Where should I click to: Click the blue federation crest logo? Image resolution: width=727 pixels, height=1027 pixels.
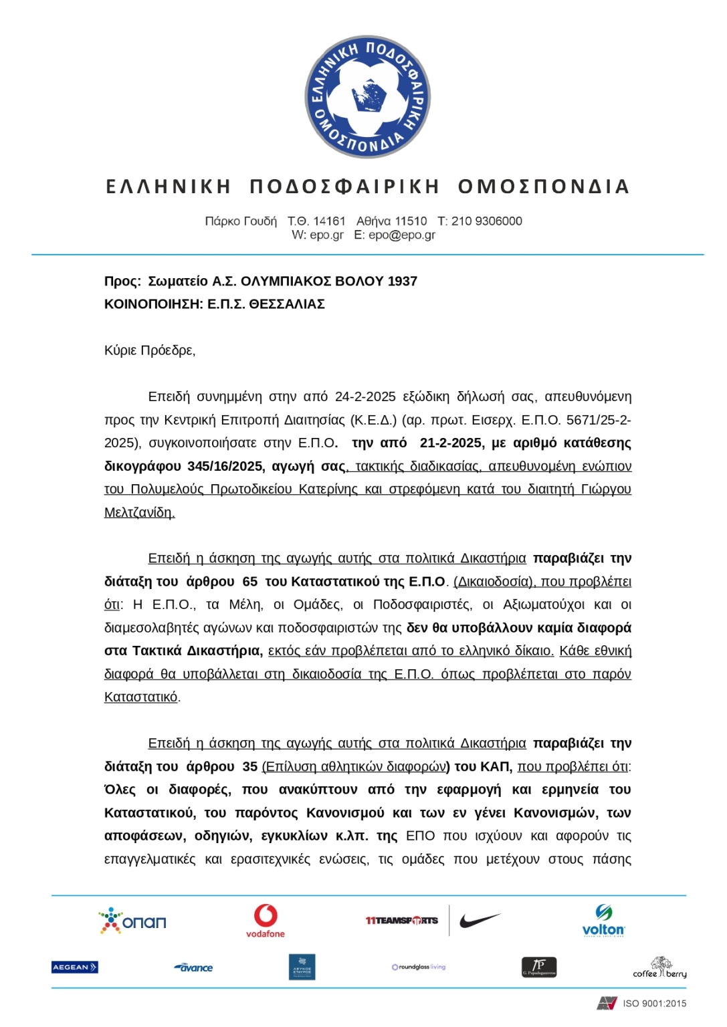click(x=367, y=96)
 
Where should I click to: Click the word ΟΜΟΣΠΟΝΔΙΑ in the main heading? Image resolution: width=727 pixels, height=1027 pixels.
click(x=543, y=187)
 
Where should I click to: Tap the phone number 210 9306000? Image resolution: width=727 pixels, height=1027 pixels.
click(x=486, y=221)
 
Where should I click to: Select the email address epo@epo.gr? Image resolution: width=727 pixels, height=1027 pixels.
click(x=402, y=235)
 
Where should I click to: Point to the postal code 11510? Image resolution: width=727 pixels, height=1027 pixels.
click(x=411, y=221)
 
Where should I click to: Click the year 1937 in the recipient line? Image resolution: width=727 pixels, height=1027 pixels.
click(x=402, y=281)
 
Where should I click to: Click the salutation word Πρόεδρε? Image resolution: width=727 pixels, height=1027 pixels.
click(x=167, y=350)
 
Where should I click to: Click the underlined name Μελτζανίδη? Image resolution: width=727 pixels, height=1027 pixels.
click(x=139, y=513)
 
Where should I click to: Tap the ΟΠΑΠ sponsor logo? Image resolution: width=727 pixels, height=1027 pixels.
click(x=132, y=921)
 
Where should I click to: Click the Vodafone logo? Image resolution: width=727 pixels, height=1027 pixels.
click(x=265, y=921)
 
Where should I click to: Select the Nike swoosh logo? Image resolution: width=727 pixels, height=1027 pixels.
click(x=480, y=921)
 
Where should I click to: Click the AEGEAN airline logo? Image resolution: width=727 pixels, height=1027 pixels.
click(x=75, y=967)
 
